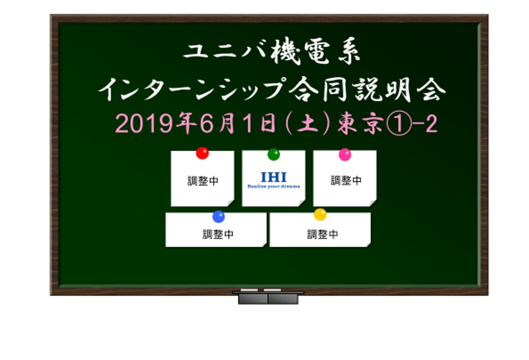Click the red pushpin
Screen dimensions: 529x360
tap(203, 153)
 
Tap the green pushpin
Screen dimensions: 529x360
tap(274, 154)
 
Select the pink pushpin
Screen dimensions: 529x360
tap(345, 155)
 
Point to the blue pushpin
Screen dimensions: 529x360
tap(219, 217)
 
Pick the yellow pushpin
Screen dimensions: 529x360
tap(320, 214)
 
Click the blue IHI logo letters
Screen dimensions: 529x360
tap(274, 177)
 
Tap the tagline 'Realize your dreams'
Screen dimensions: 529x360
tap(274, 186)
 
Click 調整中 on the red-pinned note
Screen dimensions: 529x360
tap(203, 181)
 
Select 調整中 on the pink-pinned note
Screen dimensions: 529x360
tap(346, 181)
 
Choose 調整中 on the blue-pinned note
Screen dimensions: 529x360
tap(218, 234)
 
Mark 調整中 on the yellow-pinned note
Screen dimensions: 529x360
tap(323, 234)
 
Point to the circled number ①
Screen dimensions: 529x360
tap(399, 123)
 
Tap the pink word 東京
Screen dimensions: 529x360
tap(360, 123)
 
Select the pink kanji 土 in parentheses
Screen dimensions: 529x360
tap(308, 123)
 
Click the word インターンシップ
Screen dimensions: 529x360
tap(191, 89)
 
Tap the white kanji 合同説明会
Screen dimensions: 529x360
tap(367, 89)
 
